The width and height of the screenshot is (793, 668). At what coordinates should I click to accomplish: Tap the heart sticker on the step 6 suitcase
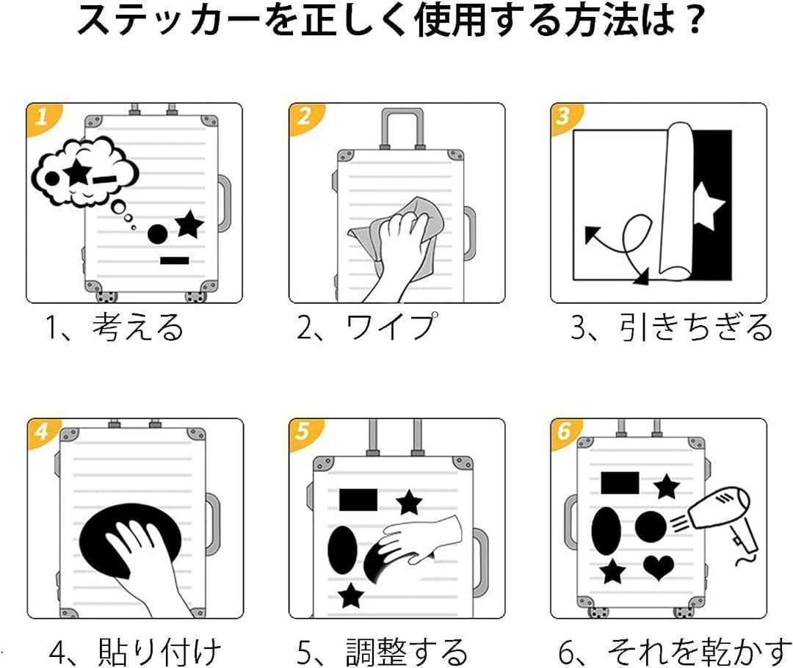tap(659, 567)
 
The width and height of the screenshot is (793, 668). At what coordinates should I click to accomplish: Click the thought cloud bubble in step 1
tap(84, 173)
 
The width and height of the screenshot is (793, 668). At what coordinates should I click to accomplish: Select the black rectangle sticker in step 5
tap(358, 500)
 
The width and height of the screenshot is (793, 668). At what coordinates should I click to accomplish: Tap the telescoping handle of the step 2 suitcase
tap(402, 128)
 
